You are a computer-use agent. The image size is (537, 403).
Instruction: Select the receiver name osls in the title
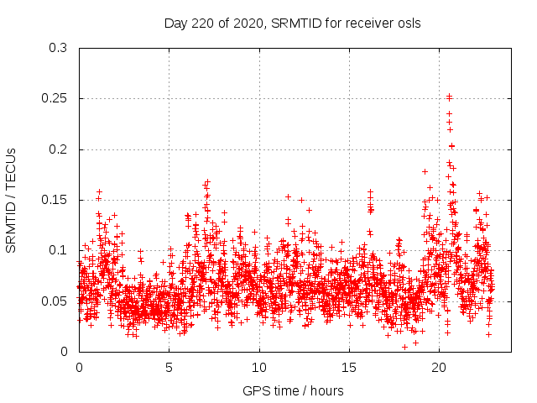[407, 23]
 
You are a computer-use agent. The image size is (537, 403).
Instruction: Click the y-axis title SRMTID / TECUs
[12, 200]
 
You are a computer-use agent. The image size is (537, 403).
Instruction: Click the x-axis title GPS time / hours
[293, 390]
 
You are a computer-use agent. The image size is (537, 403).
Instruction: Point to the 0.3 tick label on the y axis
[57, 48]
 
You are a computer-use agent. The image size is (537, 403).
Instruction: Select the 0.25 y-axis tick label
[54, 98]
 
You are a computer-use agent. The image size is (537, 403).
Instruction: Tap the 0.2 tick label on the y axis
[57, 149]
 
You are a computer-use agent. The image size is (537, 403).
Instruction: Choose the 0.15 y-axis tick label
[54, 200]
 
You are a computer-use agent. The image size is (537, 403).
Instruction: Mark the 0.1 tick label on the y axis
[57, 250]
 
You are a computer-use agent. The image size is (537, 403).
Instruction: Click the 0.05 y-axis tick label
[54, 301]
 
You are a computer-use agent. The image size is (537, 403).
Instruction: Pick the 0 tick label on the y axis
[64, 352]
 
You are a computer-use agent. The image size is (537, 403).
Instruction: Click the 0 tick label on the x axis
[79, 368]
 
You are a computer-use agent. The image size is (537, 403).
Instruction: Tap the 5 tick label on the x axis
[169, 368]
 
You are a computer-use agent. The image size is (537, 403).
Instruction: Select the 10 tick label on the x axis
[258, 368]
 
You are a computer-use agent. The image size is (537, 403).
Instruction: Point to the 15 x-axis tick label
[348, 368]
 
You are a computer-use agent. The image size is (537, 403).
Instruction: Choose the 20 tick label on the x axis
[438, 368]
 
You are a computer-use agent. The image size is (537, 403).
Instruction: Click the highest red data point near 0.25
[449, 97]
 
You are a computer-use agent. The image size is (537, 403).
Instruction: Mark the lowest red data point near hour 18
[404, 347]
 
